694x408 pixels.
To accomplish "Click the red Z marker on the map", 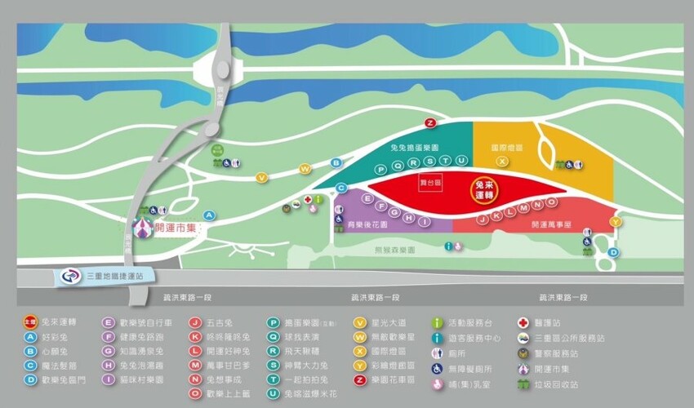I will [x=430, y=122].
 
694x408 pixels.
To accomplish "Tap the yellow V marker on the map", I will [x=262, y=177].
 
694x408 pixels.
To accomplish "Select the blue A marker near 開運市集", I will [x=209, y=215].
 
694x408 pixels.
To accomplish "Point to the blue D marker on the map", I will [x=613, y=253].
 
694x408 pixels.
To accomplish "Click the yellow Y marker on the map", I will [x=616, y=221].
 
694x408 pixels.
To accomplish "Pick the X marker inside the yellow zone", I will [x=503, y=162].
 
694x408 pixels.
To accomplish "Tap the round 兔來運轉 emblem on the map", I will [x=487, y=191].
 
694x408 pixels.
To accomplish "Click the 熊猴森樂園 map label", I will [x=395, y=251].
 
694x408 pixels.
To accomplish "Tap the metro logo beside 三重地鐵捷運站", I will [x=68, y=278].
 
